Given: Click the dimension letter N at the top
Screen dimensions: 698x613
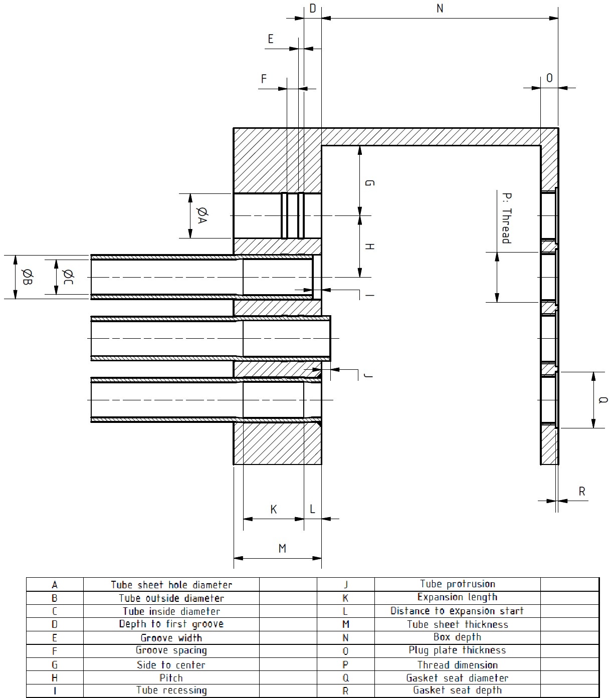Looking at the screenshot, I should (440, 9).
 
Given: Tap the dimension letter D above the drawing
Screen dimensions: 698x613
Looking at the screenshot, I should (313, 9).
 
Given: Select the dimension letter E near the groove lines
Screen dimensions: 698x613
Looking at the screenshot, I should (271, 39).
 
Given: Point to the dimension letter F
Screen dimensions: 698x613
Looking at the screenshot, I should (264, 79).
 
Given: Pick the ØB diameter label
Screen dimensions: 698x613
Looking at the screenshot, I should (28, 277).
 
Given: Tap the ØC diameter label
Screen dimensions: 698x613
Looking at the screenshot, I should (68, 277).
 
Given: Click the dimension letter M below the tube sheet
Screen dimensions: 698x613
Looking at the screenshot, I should (282, 549).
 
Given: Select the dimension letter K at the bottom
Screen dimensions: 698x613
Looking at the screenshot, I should (274, 510).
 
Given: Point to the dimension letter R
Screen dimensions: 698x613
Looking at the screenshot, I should (582, 492).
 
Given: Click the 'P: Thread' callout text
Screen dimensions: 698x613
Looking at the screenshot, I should (506, 218).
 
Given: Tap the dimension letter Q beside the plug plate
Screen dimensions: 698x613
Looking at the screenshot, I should (603, 400).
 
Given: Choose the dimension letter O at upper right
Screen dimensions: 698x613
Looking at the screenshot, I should (549, 78).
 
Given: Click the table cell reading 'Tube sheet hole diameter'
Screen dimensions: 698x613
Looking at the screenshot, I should (171, 585).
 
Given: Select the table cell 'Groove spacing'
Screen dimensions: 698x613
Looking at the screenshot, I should (171, 650).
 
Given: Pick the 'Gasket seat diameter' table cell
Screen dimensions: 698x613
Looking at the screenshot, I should (457, 678).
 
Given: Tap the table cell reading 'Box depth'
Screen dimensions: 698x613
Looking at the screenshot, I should (457, 637).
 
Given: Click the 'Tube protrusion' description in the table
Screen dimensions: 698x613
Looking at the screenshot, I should (457, 584).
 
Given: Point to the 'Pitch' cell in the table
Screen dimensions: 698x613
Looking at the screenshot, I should (171, 678).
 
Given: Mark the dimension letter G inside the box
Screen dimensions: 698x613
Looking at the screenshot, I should (369, 183).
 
